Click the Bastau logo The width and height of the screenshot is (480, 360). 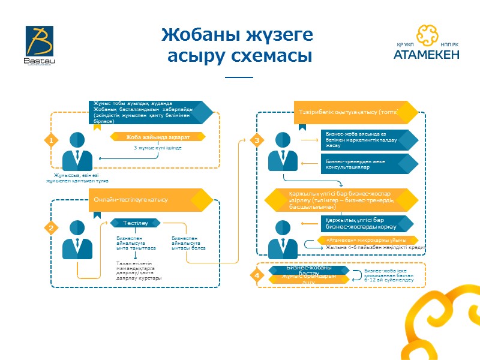coord(39,46)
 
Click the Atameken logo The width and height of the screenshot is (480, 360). coord(427,43)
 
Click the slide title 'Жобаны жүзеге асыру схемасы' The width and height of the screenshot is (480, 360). coord(238,46)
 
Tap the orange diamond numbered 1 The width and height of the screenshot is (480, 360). coord(52,140)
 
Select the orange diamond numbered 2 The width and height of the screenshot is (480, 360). coord(52,228)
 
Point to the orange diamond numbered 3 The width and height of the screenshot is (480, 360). coord(257,140)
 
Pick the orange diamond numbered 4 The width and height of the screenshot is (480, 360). coord(257,275)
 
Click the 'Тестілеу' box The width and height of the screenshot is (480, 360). coord(135,223)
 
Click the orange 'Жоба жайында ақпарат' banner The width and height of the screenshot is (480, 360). coord(158,136)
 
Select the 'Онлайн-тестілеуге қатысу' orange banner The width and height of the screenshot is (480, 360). coord(144,200)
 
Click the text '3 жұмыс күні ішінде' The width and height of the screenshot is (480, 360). coord(158,148)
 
